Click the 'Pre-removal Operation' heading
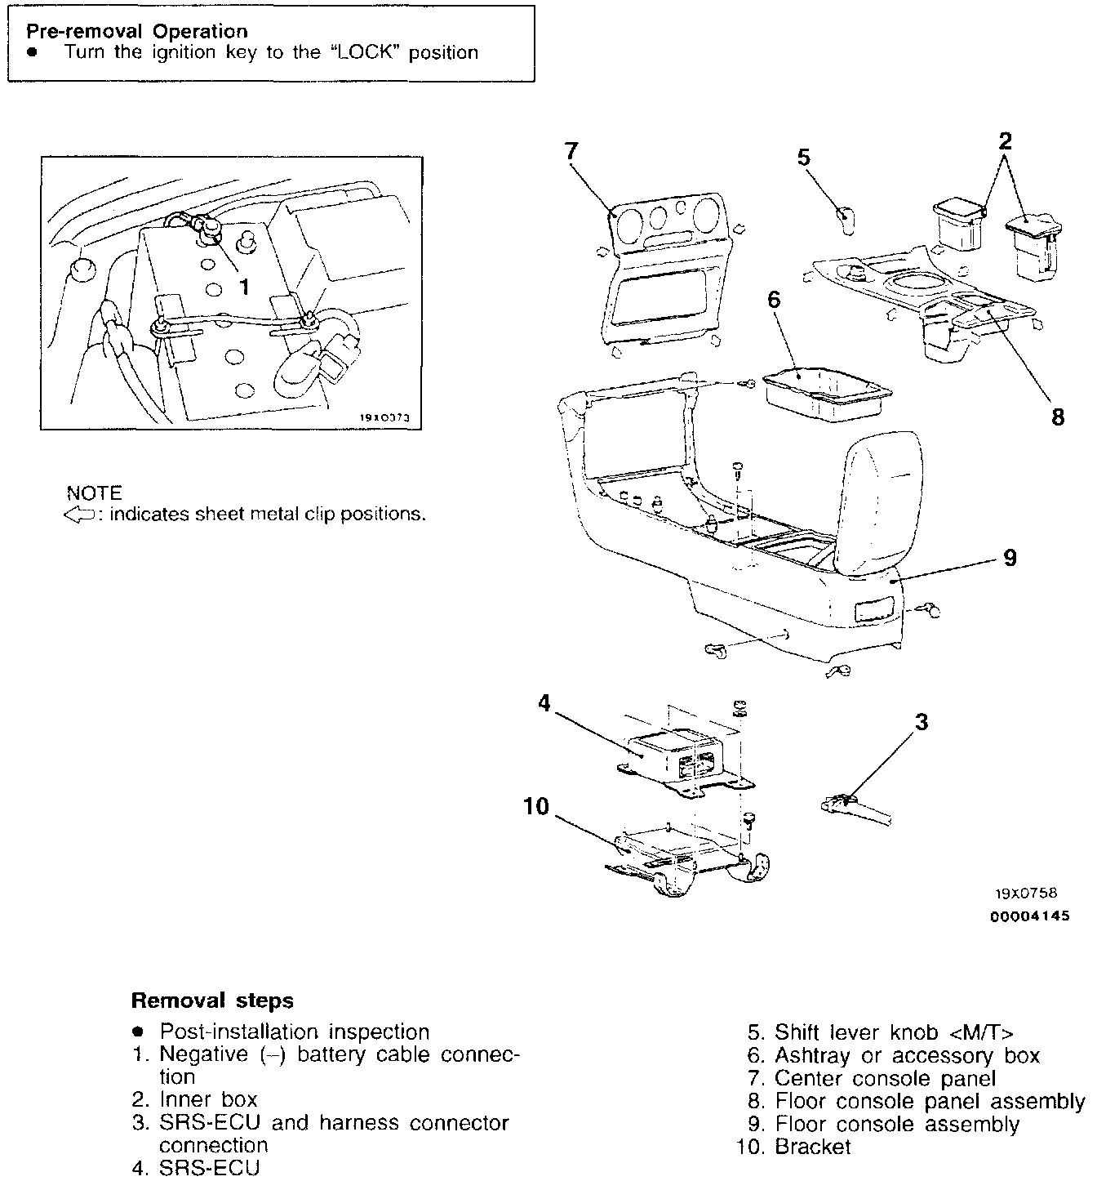[x=137, y=32]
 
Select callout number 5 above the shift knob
[x=804, y=157]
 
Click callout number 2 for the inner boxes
[x=1006, y=141]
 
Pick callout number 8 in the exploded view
[x=1058, y=417]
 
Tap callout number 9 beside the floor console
[x=1010, y=558]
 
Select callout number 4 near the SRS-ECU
[x=545, y=702]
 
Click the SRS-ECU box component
[x=674, y=755]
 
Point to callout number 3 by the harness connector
[x=922, y=722]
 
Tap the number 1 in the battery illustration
[x=243, y=287]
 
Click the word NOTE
[x=94, y=493]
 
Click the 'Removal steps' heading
[x=212, y=1001]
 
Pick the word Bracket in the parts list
[x=812, y=1148]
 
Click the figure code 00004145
[x=1029, y=916]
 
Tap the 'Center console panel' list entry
[x=885, y=1079]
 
